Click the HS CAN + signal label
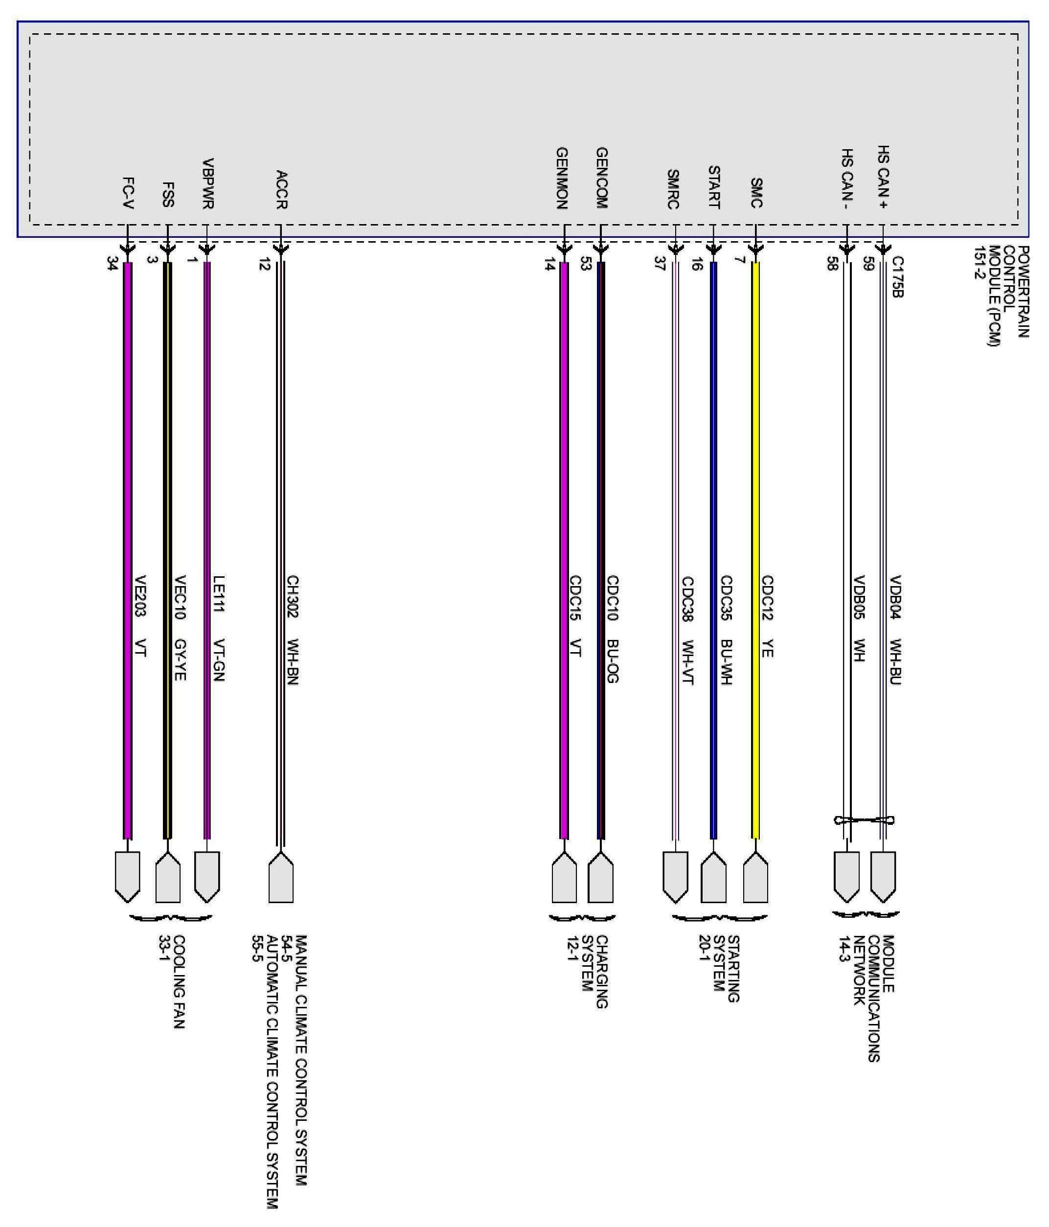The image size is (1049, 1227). pyautogui.click(x=883, y=177)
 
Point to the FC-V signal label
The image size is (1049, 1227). pyautogui.click(x=128, y=193)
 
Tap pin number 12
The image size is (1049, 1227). pyautogui.click(x=264, y=264)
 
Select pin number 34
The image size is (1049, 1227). pyautogui.click(x=112, y=264)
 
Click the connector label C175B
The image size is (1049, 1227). pyautogui.click(x=897, y=276)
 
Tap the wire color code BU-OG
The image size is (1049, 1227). pyautogui.click(x=613, y=661)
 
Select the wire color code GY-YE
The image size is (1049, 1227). pyautogui.click(x=181, y=660)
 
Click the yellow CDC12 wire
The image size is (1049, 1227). pyautogui.click(x=755, y=474)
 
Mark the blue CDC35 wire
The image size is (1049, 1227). pyautogui.click(x=714, y=474)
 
